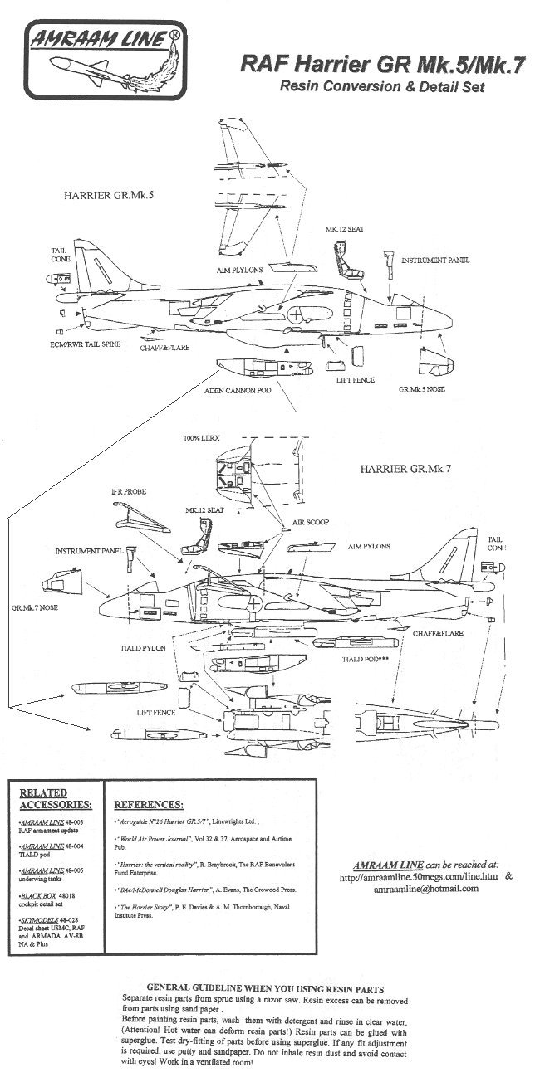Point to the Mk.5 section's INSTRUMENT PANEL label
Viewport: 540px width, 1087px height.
tap(435, 260)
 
